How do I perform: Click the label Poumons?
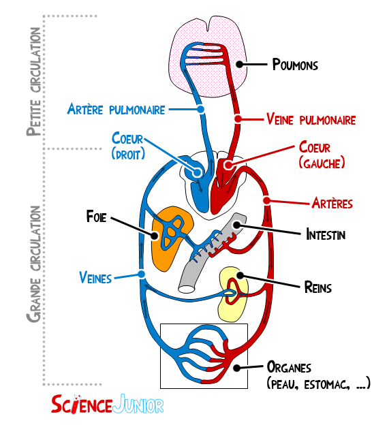click(295, 65)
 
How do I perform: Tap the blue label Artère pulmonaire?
click(116, 110)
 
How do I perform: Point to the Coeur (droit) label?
click(128, 146)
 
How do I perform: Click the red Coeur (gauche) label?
click(321, 155)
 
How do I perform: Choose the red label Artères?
click(331, 203)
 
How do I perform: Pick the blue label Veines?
click(95, 277)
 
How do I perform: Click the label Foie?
click(96, 217)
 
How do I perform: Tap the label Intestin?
click(326, 235)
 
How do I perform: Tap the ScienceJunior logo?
click(108, 405)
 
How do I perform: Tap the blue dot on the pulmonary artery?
click(201, 110)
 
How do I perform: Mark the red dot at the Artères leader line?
click(268, 201)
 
